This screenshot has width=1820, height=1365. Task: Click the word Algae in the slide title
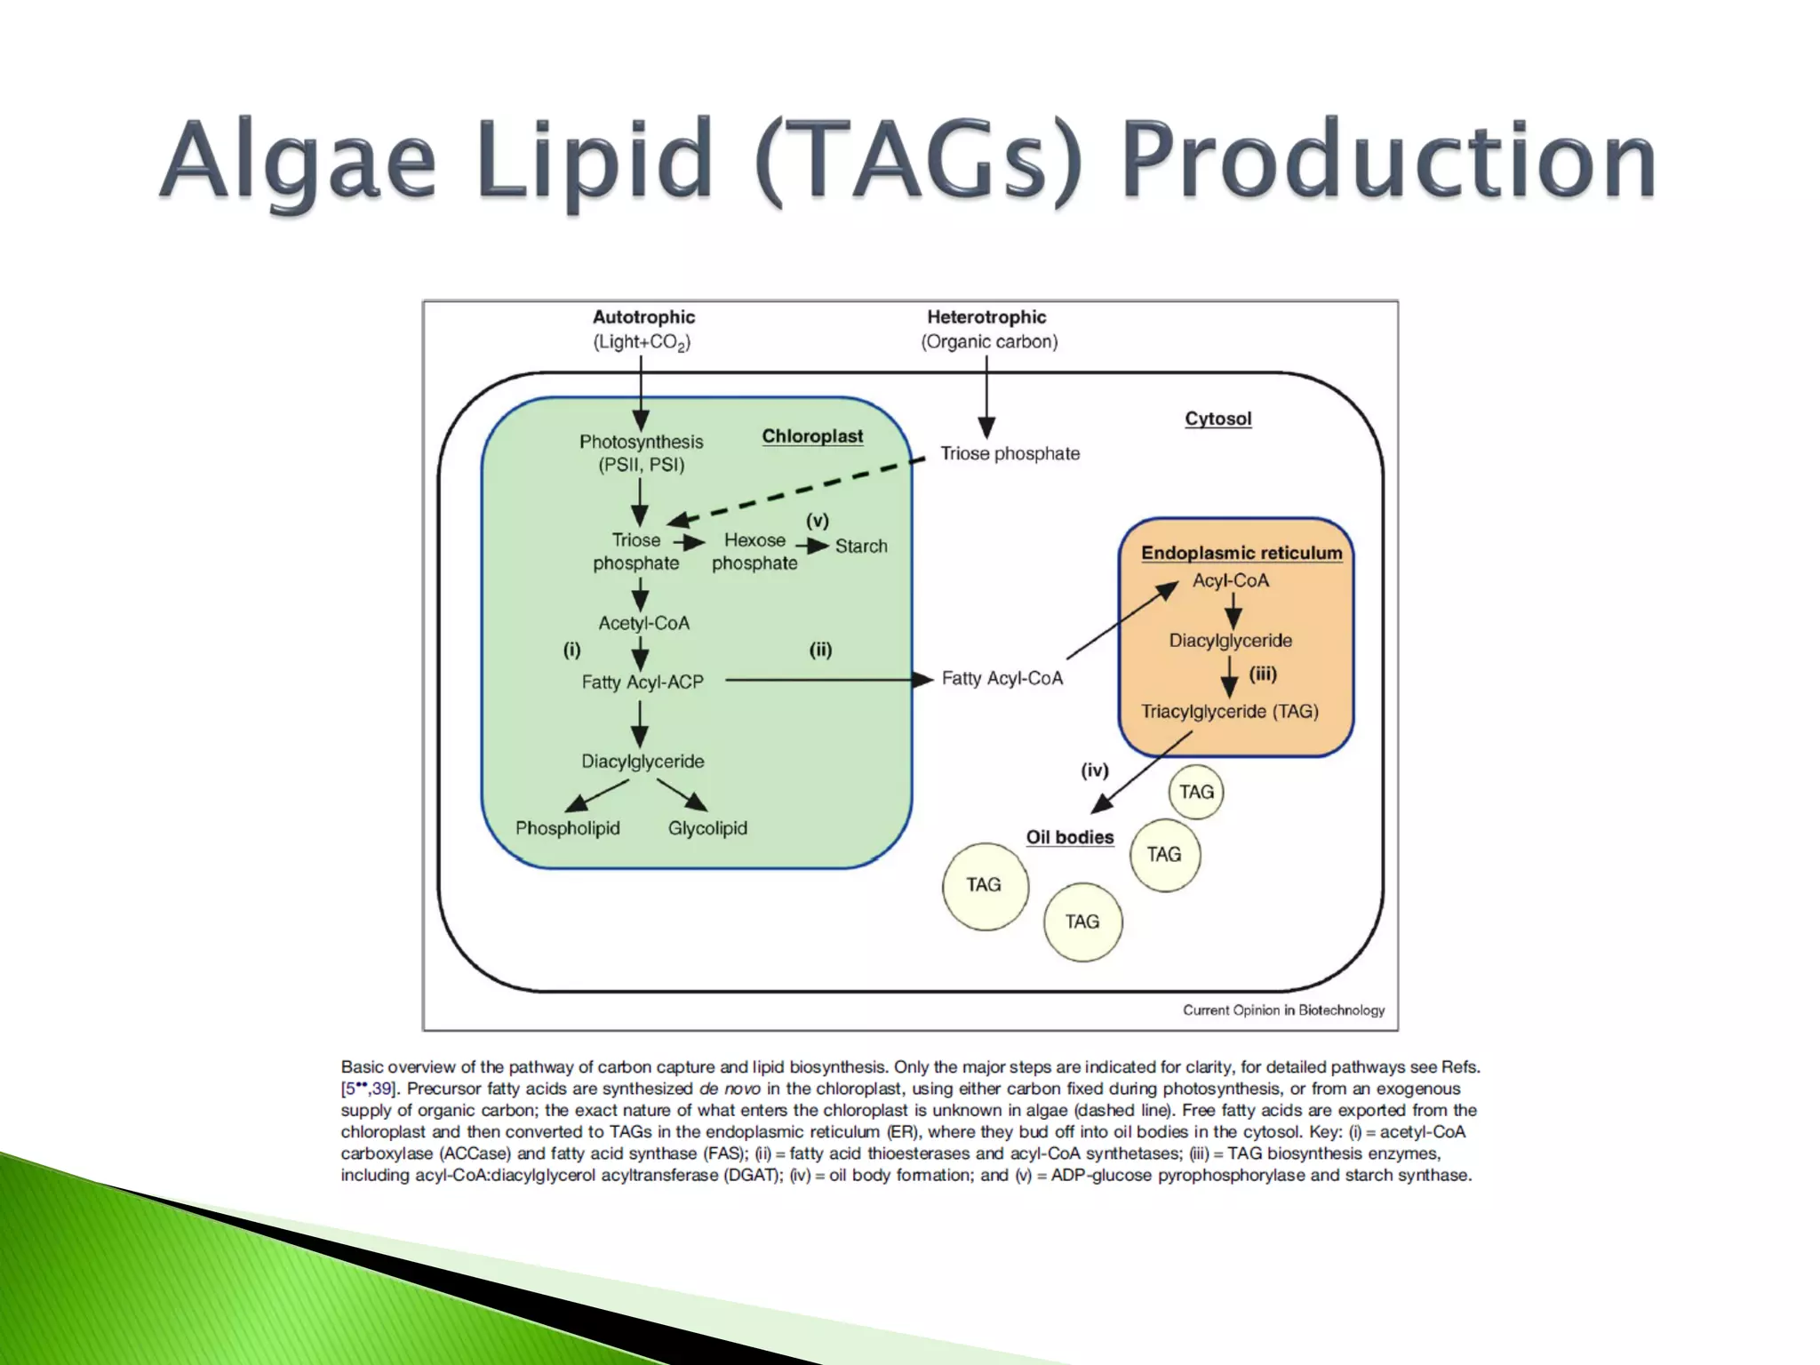click(298, 160)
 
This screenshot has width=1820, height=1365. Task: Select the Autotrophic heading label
click(643, 317)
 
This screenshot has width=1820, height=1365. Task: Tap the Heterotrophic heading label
click(986, 317)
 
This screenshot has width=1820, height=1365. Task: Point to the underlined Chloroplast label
click(812, 436)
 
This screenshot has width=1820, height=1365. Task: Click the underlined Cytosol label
click(1217, 419)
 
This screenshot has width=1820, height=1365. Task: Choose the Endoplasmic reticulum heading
click(1241, 553)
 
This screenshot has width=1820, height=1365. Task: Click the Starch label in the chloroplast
click(861, 546)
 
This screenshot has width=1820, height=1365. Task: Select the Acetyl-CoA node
click(643, 623)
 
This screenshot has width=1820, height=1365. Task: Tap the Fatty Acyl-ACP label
click(643, 682)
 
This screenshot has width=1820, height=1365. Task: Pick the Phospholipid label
click(568, 827)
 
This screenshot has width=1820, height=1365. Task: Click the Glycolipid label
click(707, 827)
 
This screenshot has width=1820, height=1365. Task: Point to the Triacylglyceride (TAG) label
click(1230, 711)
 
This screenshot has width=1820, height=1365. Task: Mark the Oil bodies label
click(1070, 837)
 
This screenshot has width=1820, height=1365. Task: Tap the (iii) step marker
click(1263, 674)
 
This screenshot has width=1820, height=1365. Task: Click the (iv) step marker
click(1094, 770)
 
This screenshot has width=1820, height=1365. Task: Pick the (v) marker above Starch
click(817, 521)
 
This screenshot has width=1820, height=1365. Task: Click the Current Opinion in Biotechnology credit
click(1283, 1010)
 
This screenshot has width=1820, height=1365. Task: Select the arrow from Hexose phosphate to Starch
click(811, 546)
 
